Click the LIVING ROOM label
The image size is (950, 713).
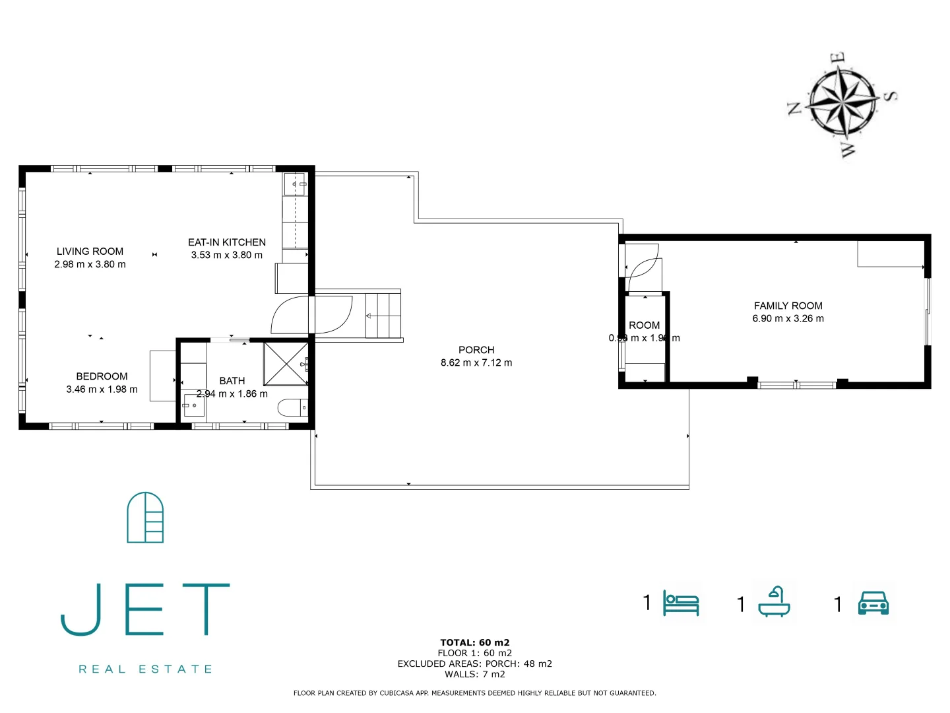point(90,252)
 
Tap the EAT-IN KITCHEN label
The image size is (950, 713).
point(227,242)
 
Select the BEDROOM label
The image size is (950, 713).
point(102,376)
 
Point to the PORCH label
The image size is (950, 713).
point(476,350)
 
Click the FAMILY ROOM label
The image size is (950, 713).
point(788,306)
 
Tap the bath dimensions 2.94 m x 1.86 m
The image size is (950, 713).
point(232,394)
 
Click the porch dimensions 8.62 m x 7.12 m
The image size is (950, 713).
point(476,362)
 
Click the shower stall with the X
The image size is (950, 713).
point(286,363)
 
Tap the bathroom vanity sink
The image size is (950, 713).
point(193,405)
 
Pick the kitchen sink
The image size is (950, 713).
point(296,184)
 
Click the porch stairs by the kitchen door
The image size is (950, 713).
point(383,316)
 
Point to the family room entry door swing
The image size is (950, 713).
point(642,267)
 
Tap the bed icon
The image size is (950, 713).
point(681,603)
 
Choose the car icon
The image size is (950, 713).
point(873,603)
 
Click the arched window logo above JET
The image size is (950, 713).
point(145,518)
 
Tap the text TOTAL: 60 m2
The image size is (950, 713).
point(475,642)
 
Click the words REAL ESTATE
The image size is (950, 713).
point(145,669)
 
